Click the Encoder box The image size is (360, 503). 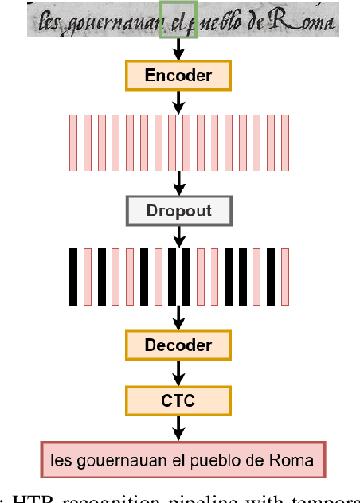(x=178, y=76)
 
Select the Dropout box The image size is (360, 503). (x=178, y=211)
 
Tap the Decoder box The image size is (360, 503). (x=178, y=345)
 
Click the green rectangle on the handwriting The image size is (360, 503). (x=178, y=19)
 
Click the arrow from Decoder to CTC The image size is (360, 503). (x=178, y=372)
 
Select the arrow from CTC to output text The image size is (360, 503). (x=178, y=427)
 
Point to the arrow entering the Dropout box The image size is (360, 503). (x=178, y=183)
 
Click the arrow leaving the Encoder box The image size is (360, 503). (x=178, y=101)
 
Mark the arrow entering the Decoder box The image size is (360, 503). (x=178, y=318)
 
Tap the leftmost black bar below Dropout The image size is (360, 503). (x=73, y=277)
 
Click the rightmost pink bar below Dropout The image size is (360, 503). (x=284, y=277)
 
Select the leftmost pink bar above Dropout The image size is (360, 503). (x=73, y=142)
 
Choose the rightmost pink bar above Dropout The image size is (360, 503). (x=284, y=142)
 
